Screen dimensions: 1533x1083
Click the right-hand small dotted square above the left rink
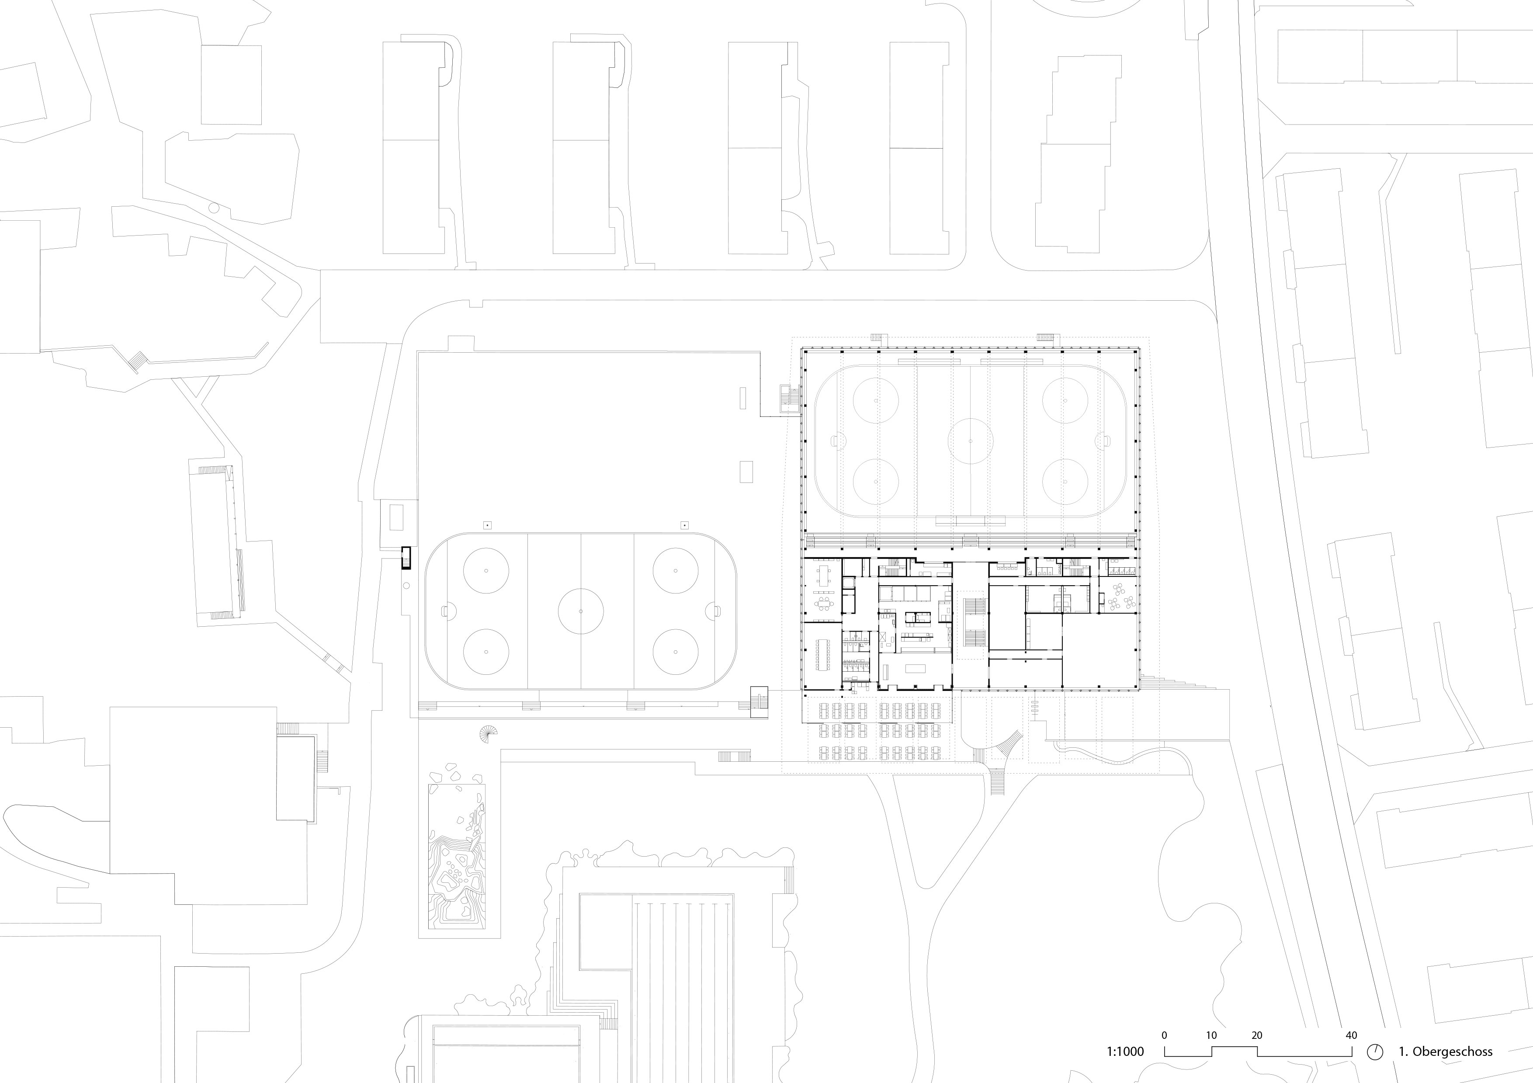684,525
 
